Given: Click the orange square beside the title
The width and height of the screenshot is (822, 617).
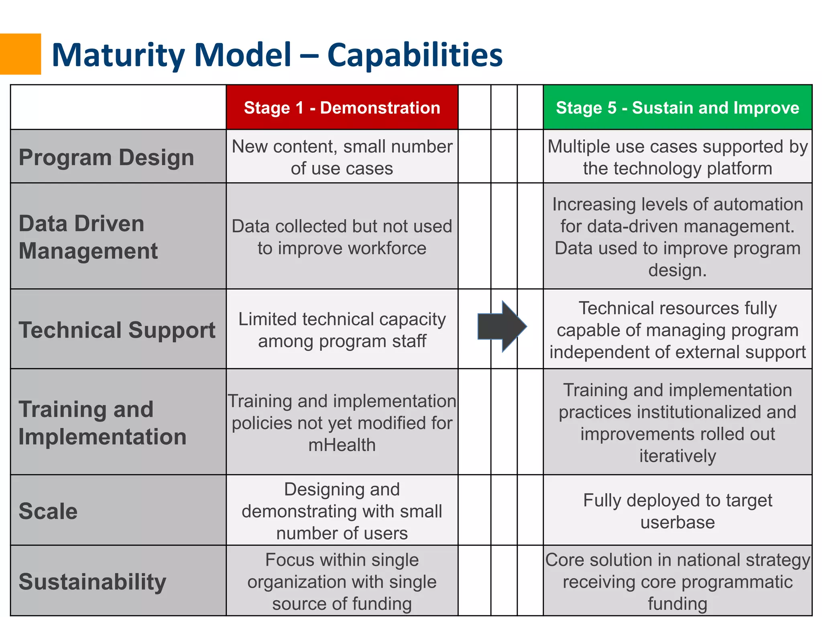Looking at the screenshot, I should [x=20, y=54].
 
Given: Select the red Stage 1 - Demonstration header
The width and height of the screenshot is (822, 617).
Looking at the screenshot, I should [x=342, y=108].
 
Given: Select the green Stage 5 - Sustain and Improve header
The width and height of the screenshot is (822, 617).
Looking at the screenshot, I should [x=678, y=108].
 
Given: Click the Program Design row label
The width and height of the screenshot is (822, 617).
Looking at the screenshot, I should [x=106, y=157].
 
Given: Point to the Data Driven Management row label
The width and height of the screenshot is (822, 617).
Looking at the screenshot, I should [x=88, y=237].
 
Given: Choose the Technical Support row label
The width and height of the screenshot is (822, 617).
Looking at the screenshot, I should [x=117, y=330].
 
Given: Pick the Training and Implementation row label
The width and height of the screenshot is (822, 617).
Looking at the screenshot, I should [x=102, y=423].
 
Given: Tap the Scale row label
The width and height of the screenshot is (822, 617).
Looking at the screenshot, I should [x=48, y=511].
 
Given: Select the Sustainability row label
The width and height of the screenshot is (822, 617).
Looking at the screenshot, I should [x=92, y=581].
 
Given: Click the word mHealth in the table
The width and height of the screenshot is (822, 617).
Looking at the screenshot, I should [x=342, y=445].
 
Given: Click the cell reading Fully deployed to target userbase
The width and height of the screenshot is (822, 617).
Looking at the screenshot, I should [x=678, y=511].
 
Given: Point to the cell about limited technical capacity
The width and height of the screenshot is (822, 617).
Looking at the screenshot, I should [x=342, y=330].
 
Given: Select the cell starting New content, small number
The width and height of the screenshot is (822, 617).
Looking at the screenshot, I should [x=342, y=157].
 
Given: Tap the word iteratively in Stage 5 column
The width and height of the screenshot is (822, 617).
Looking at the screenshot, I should [x=678, y=456].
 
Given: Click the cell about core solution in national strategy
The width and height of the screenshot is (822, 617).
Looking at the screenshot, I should [x=678, y=581].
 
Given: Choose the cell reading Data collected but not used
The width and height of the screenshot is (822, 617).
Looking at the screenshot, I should [x=342, y=237].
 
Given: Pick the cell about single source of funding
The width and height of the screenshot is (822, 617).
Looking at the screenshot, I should [x=342, y=581].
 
